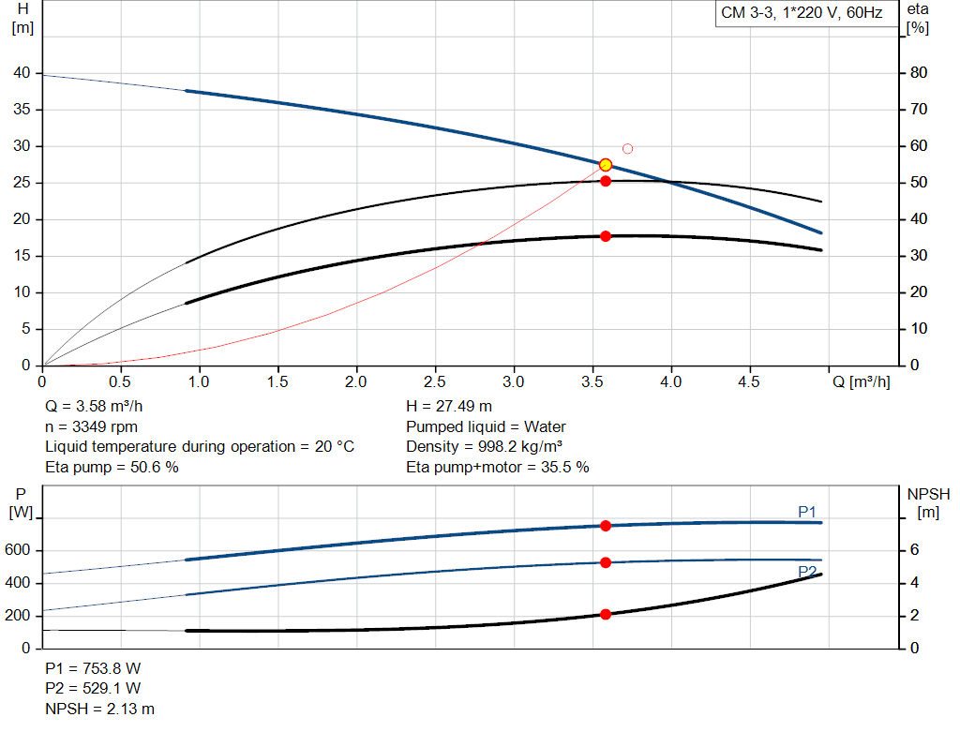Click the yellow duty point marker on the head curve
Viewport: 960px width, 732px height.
click(x=606, y=165)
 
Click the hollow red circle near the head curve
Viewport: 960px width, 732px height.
click(x=627, y=149)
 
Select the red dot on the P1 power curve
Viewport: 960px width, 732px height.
click(x=606, y=526)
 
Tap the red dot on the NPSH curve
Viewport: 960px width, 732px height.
click(x=606, y=614)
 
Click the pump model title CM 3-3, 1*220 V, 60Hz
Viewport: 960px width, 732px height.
click(x=802, y=13)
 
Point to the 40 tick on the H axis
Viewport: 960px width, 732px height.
click(x=22, y=73)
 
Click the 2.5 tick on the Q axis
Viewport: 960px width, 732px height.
click(x=434, y=382)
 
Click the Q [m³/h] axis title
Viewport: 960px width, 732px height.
click(x=862, y=382)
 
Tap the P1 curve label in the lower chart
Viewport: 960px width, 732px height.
click(x=807, y=511)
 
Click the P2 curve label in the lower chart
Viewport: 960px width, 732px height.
click(x=807, y=571)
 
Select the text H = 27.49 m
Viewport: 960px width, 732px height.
click(x=449, y=407)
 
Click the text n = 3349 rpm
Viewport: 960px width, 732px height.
click(x=92, y=426)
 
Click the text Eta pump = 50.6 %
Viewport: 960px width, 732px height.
click(x=112, y=467)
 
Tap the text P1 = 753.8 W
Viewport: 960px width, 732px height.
click(x=93, y=668)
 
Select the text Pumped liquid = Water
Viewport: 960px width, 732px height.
click(x=486, y=426)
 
